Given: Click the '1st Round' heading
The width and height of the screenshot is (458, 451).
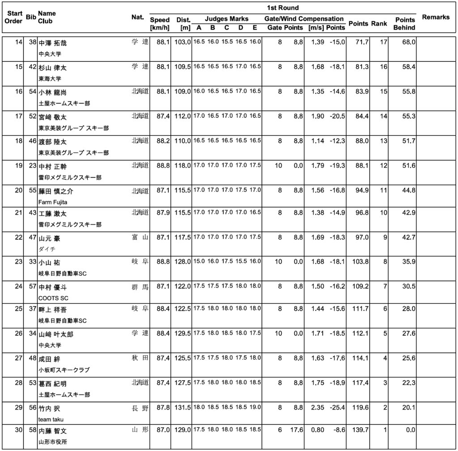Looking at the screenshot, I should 283,8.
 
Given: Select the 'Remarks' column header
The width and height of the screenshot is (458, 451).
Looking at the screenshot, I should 436,17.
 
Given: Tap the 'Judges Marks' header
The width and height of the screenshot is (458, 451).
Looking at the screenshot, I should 227,19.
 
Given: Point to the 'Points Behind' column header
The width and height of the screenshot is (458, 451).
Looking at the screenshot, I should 404,24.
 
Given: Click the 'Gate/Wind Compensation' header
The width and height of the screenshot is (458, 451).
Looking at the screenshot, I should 304,19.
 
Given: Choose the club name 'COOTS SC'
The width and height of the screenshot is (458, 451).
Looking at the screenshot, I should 53,298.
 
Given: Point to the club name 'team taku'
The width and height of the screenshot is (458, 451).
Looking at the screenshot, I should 51,419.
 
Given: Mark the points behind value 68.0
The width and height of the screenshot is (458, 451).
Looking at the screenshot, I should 409,42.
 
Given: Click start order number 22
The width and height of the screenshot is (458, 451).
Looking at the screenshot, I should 18,237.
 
